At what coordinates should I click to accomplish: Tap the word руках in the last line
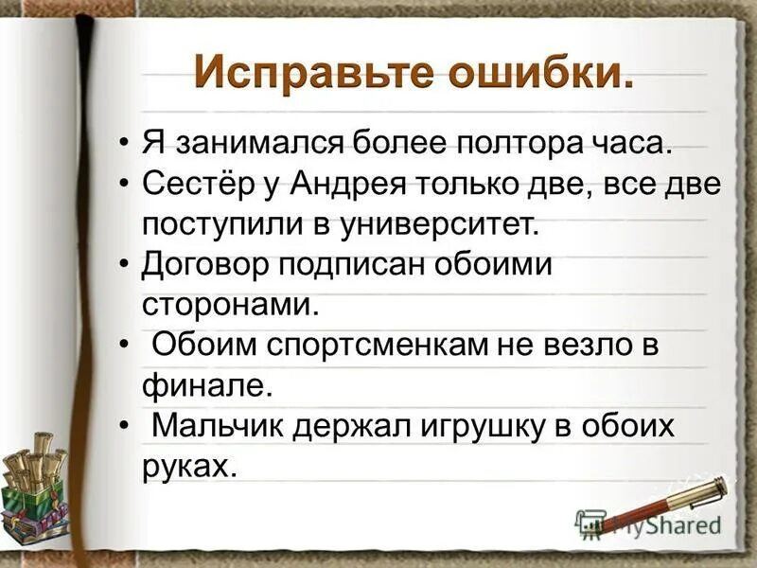[x=188, y=466]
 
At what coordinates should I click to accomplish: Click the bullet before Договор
[x=127, y=266]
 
